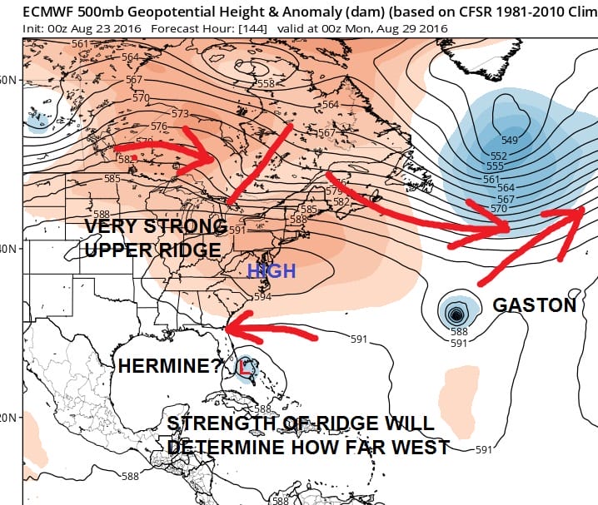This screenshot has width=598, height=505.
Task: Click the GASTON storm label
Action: (534, 305)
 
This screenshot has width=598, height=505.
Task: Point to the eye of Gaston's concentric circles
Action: (456, 314)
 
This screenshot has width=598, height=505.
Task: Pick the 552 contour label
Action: (499, 156)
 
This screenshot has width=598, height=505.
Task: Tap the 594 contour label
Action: (262, 297)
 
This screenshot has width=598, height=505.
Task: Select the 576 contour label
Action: (160, 126)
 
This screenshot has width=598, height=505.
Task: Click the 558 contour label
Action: (267, 83)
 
